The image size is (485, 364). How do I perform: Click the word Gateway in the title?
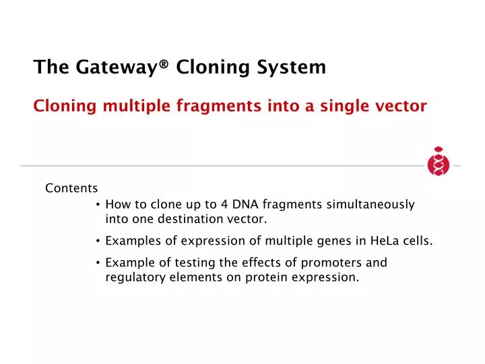point(99,67)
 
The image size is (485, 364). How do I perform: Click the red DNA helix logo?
point(438,162)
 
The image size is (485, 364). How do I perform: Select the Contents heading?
point(71,188)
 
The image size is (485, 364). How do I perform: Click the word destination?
point(193,219)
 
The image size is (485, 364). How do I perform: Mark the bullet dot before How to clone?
point(98,205)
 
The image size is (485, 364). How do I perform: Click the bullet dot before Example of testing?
point(98,263)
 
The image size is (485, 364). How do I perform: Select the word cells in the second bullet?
point(418,241)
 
